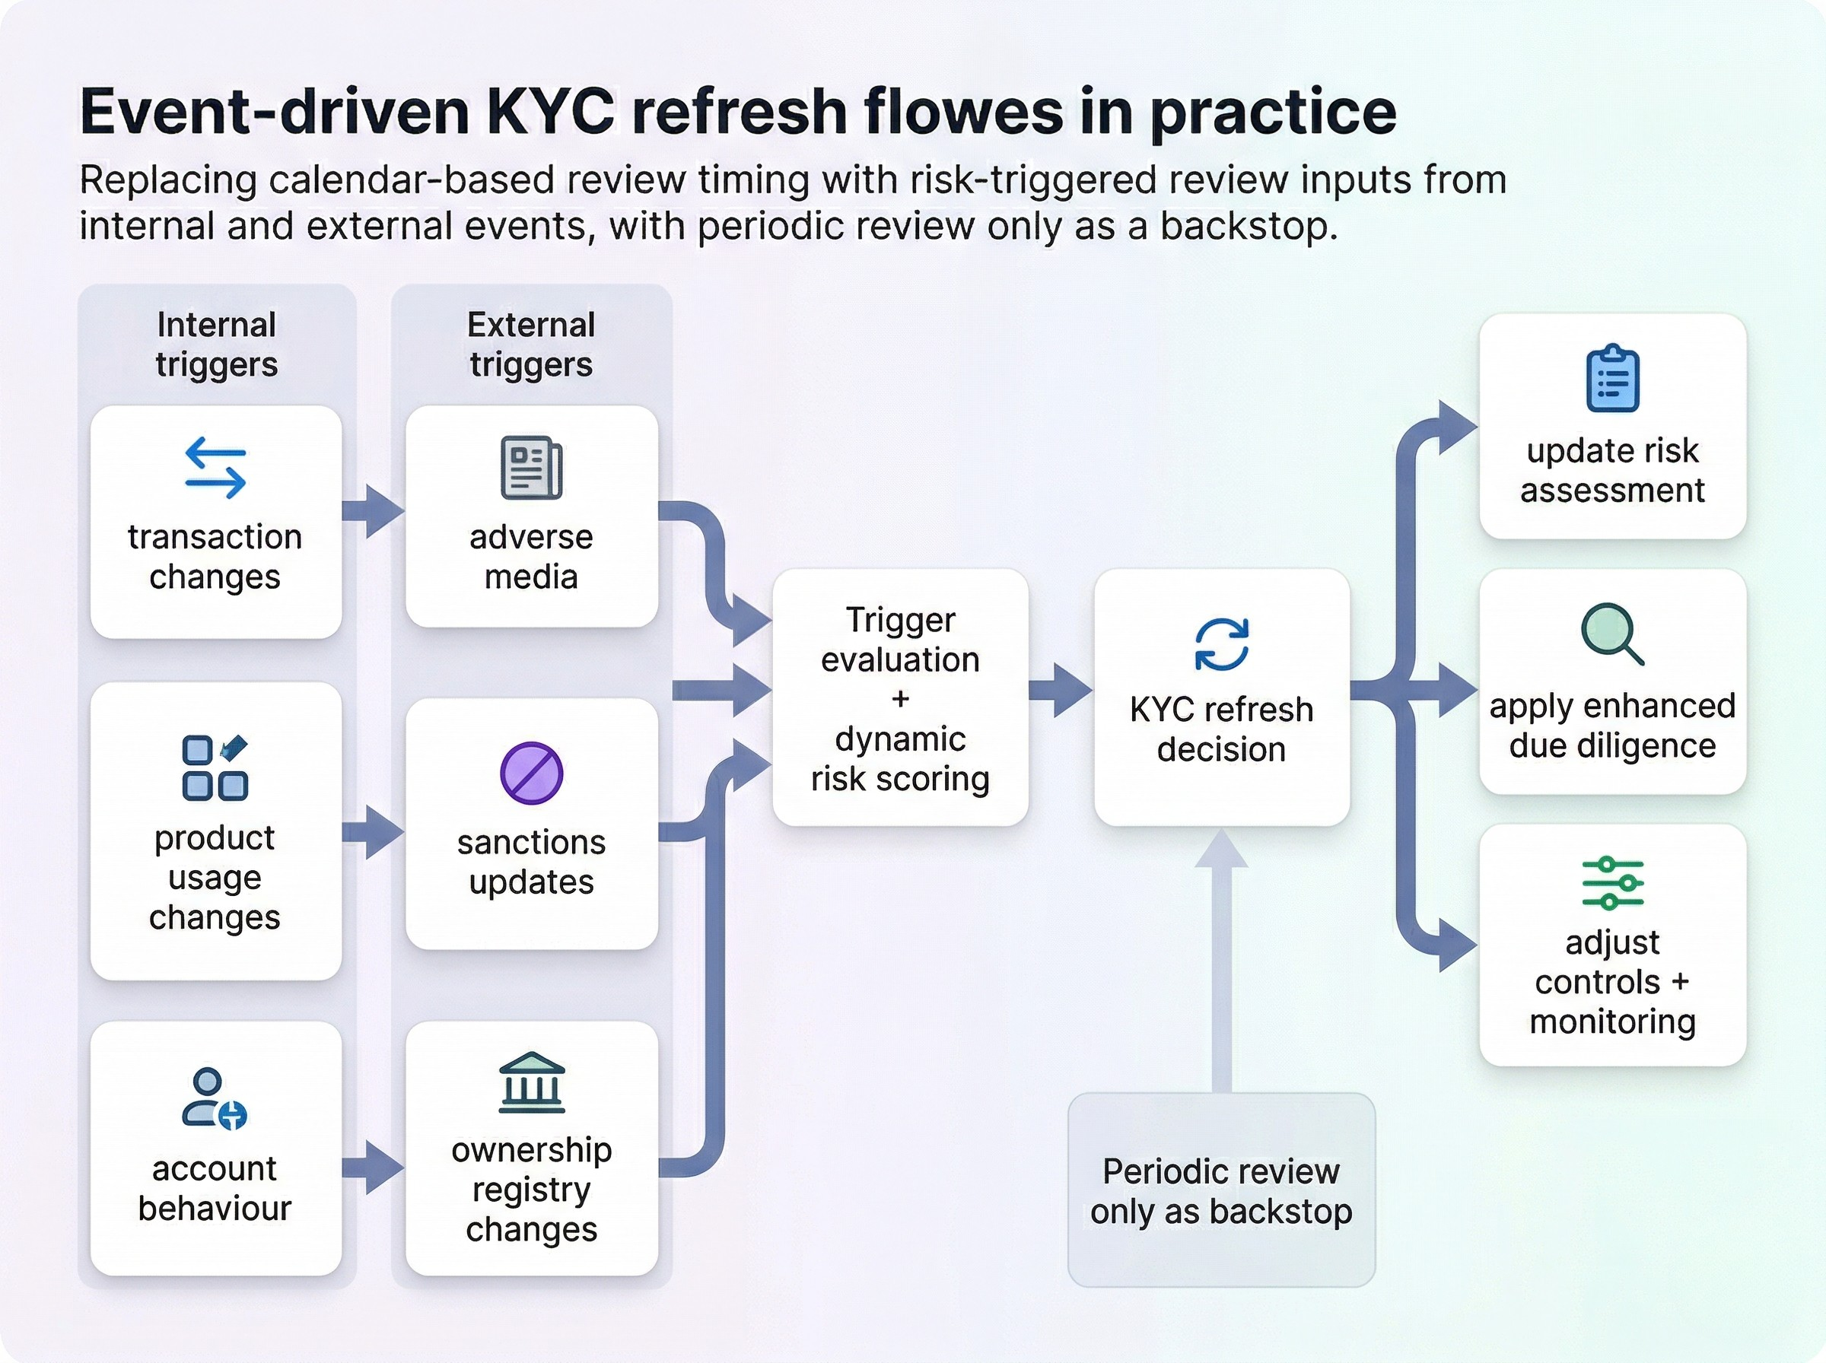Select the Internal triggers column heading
(x=216, y=345)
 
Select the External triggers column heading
(x=531, y=345)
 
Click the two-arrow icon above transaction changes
(x=215, y=468)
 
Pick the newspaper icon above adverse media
(x=531, y=468)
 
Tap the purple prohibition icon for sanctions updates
(x=531, y=773)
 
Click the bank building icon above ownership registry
(x=531, y=1082)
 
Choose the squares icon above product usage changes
(x=215, y=767)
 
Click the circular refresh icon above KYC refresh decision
(x=1221, y=644)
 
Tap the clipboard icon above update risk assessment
(x=1612, y=379)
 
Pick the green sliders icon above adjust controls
(x=1612, y=883)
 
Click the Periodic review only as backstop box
(x=1221, y=1190)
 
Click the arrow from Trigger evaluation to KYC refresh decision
(x=1061, y=691)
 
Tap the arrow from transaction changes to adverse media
(x=374, y=512)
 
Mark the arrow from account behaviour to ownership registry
(x=374, y=1167)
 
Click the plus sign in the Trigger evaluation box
(x=900, y=700)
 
